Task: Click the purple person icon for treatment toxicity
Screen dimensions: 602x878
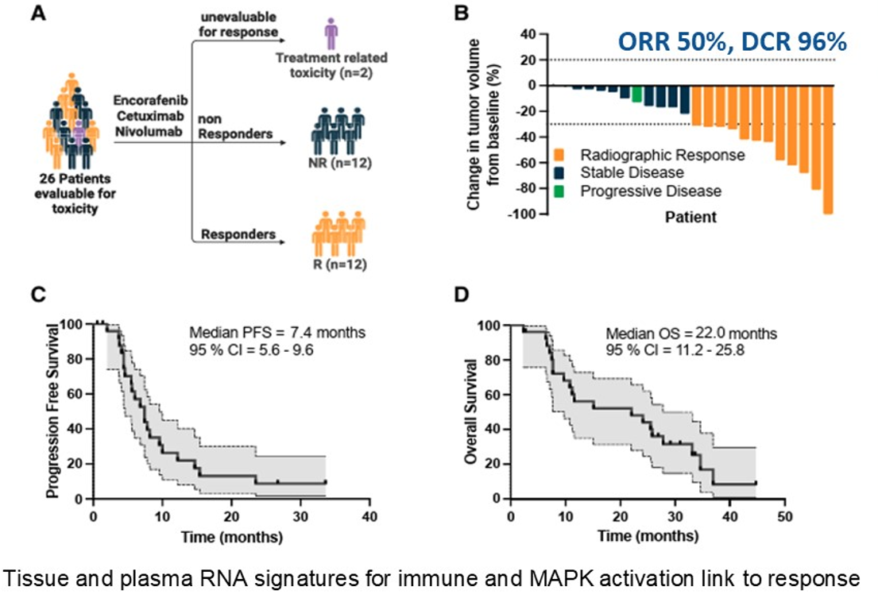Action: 332,35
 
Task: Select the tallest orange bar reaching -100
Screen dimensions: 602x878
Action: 828,149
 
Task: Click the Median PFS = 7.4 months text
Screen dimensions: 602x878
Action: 276,333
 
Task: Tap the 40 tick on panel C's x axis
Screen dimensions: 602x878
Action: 369,515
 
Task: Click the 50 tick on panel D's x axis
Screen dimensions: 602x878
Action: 784,515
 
